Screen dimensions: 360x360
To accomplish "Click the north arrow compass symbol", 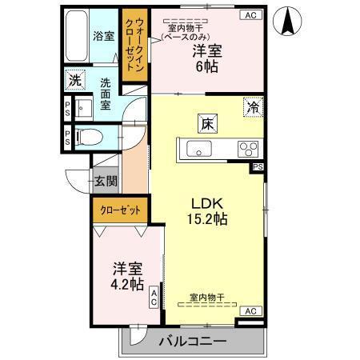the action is [x=288, y=21].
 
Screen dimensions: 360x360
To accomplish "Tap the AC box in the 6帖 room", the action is [x=250, y=15].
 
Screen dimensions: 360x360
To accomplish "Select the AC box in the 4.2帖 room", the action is [x=154, y=298].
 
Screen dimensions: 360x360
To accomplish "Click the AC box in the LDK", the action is [x=250, y=311].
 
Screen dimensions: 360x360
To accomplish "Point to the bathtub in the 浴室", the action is [x=77, y=36].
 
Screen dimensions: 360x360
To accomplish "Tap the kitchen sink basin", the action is [x=199, y=149].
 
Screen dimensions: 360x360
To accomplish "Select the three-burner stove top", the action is [x=248, y=149].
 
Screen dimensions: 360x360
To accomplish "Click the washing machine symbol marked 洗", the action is [x=75, y=80].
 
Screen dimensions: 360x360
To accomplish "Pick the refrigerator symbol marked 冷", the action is [x=253, y=107].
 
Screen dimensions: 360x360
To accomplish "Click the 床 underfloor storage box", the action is [x=207, y=123].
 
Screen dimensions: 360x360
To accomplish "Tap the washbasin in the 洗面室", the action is [x=83, y=108].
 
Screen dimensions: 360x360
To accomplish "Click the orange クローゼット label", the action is [x=120, y=210].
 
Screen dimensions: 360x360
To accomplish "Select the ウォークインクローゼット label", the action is [x=134, y=45].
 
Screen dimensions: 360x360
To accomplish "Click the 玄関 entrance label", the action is [x=106, y=182].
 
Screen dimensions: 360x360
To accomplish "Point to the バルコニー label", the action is [x=193, y=341].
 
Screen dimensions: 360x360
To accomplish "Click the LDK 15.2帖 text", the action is [x=207, y=211].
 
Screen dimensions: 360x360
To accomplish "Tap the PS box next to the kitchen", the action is [x=258, y=167].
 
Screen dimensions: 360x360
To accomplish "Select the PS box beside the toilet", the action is [x=67, y=138].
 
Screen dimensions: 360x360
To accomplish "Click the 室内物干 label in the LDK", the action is [x=207, y=297].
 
